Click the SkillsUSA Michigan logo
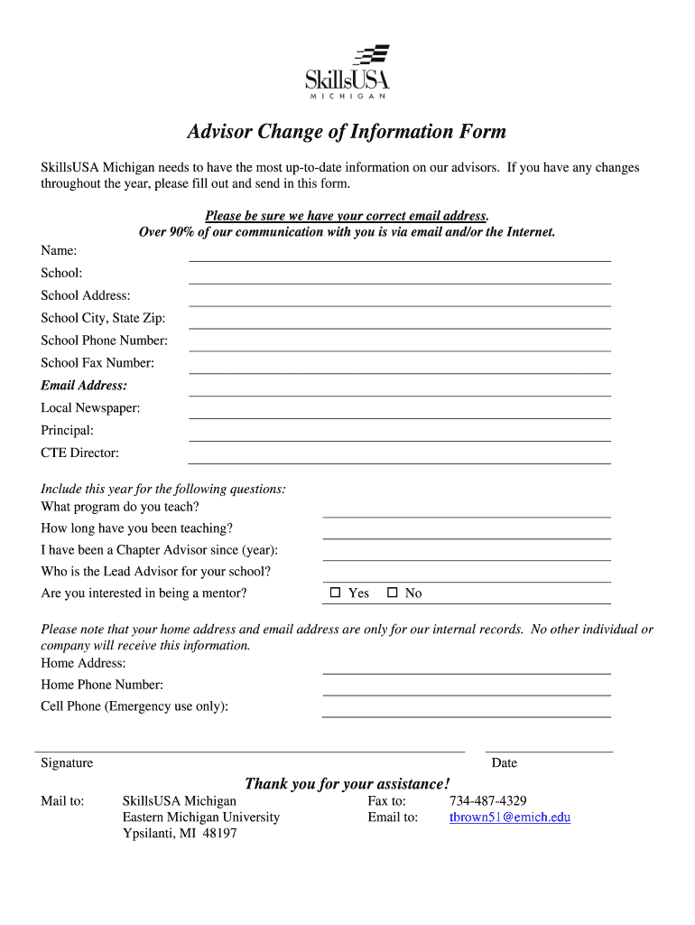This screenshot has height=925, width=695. click(347, 71)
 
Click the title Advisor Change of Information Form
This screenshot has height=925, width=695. click(347, 132)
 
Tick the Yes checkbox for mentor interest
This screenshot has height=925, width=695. click(336, 593)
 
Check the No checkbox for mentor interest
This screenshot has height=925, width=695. click(392, 593)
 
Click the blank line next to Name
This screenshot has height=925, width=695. click(399, 255)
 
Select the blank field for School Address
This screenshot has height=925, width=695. click(399, 300)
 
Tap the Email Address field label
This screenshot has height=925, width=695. click(84, 386)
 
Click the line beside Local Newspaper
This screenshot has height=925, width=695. click(399, 413)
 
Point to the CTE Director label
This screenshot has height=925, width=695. click(79, 453)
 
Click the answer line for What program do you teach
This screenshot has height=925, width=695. click(467, 511)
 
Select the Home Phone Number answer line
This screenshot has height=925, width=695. click(467, 689)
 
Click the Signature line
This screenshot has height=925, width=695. click(249, 747)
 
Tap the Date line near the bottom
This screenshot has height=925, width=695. click(549, 747)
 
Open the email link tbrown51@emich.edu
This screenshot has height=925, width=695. click(510, 818)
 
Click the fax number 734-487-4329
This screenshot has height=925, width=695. click(488, 801)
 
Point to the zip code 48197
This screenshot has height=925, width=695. click(219, 834)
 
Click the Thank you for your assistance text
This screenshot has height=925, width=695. click(347, 783)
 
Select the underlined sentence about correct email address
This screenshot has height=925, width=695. click(347, 216)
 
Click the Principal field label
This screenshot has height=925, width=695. click(67, 431)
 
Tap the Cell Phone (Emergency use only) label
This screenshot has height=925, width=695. click(134, 706)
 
